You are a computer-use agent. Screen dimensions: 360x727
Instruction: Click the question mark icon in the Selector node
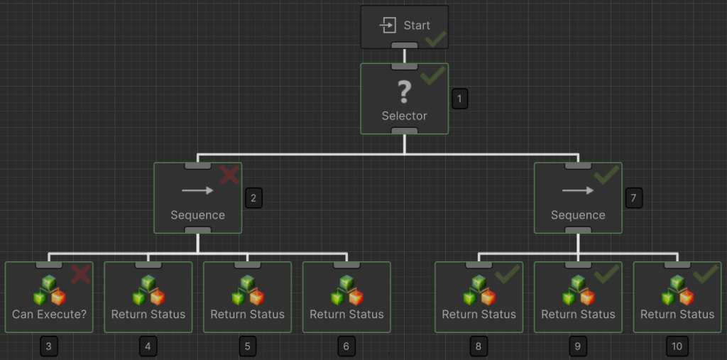point(404,92)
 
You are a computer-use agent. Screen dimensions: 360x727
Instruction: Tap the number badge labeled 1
point(460,99)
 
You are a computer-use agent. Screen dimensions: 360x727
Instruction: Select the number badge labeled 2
point(253,198)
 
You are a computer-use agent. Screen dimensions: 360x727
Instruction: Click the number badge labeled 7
point(634,198)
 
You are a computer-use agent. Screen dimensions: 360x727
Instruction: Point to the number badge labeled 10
point(677,347)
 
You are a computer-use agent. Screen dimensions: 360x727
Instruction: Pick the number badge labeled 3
point(48,347)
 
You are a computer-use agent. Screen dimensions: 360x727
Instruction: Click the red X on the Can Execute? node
point(81,273)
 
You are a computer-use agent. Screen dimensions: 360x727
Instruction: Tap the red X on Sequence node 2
point(229,175)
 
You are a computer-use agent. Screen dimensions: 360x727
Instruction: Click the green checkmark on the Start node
point(435,38)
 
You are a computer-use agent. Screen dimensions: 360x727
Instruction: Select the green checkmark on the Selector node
point(432,74)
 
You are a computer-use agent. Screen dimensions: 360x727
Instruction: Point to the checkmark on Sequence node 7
point(606,174)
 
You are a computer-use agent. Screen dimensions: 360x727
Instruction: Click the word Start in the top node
point(417,26)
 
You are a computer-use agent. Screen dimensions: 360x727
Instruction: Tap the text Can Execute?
point(49,314)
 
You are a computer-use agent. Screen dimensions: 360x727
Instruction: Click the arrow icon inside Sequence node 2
point(197,190)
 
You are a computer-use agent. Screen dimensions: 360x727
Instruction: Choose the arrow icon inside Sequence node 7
point(578,190)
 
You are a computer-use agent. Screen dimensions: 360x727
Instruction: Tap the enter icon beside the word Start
point(388,26)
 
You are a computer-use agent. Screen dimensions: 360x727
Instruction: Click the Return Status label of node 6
point(346,314)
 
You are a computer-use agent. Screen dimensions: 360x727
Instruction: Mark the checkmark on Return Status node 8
point(507,273)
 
